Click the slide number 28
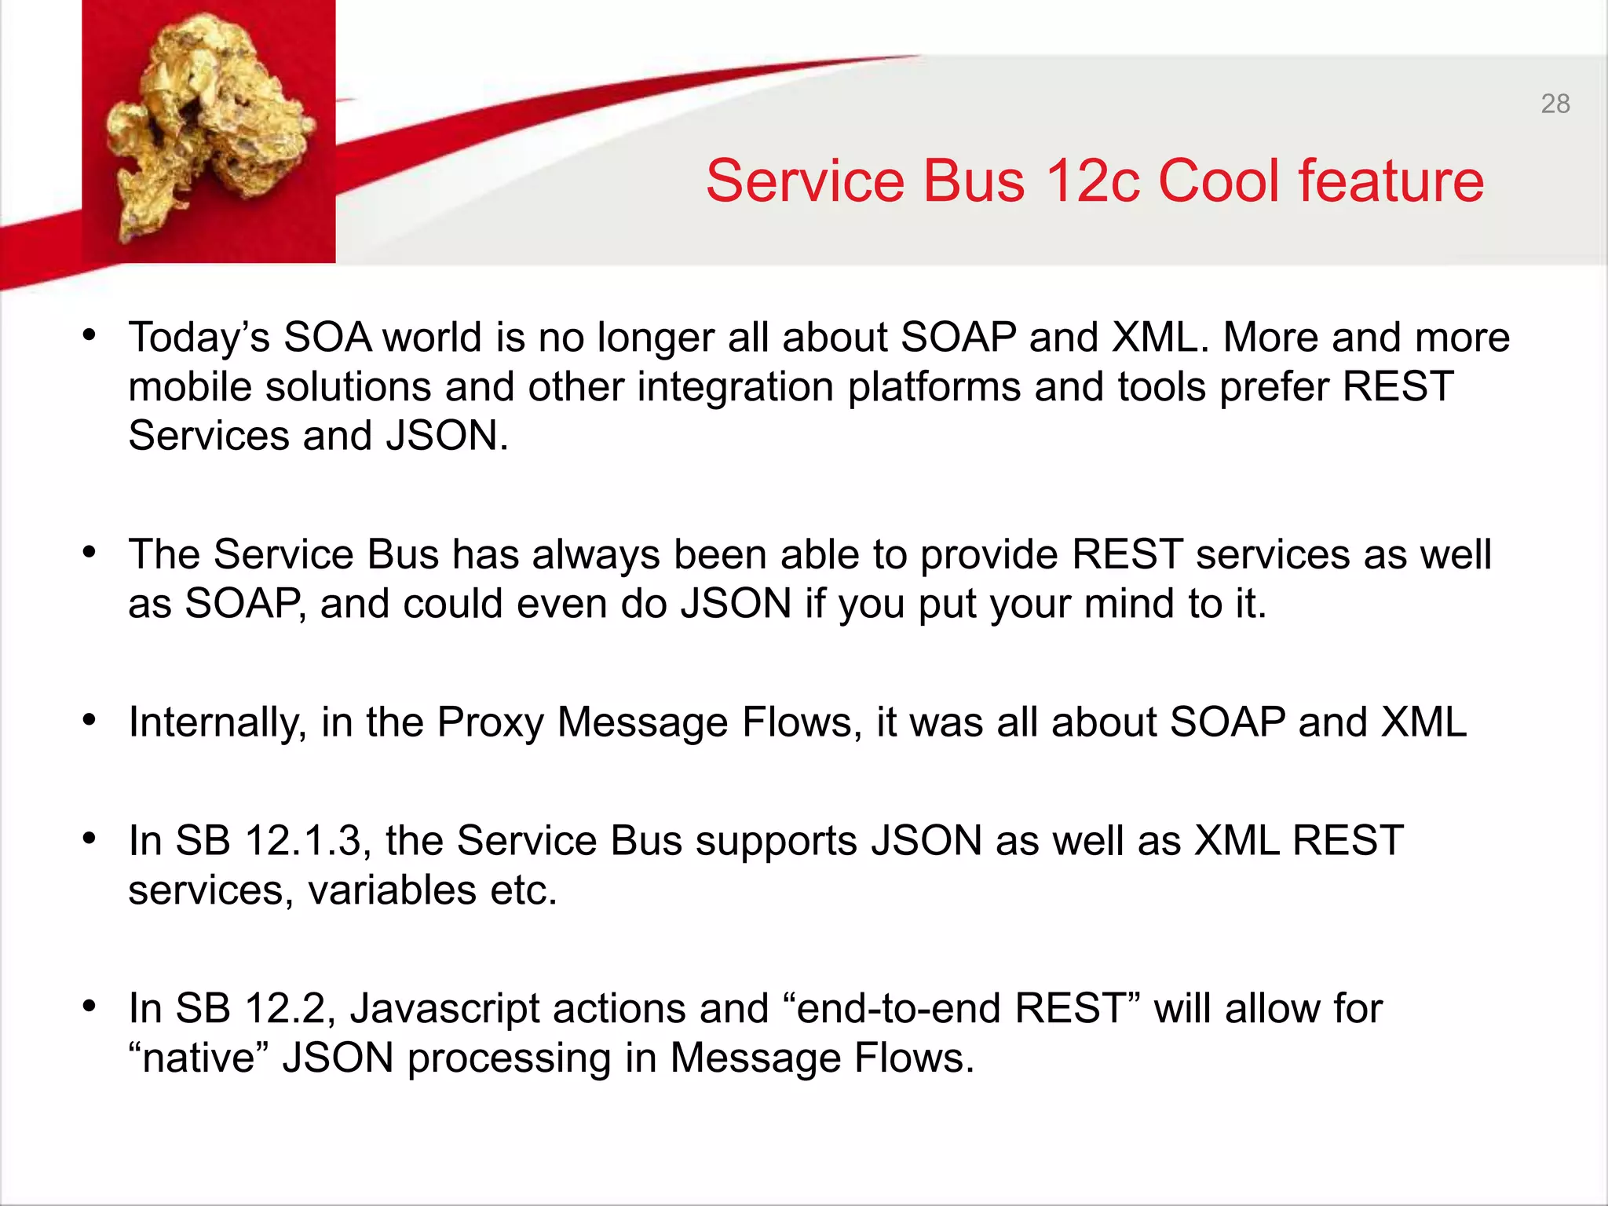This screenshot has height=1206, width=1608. (x=1555, y=104)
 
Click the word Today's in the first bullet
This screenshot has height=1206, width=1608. (x=199, y=338)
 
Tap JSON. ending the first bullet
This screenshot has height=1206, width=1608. (x=447, y=436)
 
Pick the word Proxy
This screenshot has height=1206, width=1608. (x=490, y=722)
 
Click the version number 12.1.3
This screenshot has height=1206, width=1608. (x=303, y=841)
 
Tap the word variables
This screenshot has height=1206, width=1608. (x=392, y=890)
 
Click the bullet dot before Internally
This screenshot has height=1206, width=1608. (x=90, y=719)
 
